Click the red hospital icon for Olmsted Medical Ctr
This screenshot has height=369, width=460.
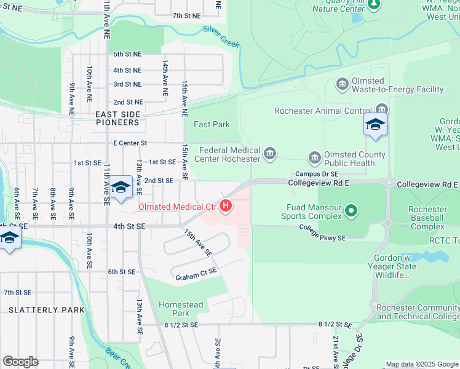[x=226, y=205]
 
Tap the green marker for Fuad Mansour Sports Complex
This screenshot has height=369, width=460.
[x=351, y=212]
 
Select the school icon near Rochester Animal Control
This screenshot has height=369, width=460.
[x=375, y=125]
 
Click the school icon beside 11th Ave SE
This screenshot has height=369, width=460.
[x=121, y=187]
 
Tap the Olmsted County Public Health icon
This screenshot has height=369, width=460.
[x=315, y=158]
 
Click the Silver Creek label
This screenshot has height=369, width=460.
[x=221, y=37]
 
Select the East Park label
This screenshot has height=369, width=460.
[x=212, y=124]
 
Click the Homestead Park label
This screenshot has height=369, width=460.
[x=181, y=309]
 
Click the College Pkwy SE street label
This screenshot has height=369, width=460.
[x=323, y=231]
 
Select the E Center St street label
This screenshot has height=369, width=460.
[x=130, y=143]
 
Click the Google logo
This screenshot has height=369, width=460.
[x=20, y=362]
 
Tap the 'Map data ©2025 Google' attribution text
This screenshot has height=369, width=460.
[x=421, y=364]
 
